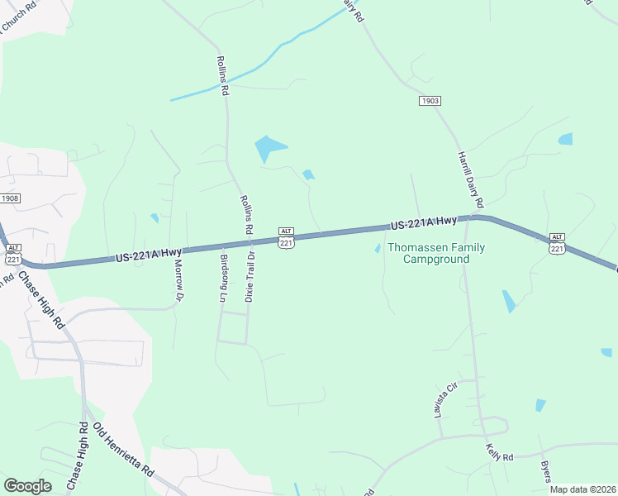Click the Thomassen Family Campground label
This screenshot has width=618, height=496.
(436, 253)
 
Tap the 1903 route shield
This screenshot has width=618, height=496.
(430, 101)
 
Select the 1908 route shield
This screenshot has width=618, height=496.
(10, 198)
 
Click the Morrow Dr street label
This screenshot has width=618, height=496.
(178, 280)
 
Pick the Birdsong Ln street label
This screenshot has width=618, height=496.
(222, 278)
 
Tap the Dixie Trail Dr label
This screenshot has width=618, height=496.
(249, 279)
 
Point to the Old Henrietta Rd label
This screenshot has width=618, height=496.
(123, 449)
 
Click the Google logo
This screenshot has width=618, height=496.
(27, 486)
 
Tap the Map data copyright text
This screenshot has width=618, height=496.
(583, 489)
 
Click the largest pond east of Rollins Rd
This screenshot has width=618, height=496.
(269, 149)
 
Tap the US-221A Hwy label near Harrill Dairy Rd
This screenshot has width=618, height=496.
(424, 222)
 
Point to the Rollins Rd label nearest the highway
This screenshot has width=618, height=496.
(245, 213)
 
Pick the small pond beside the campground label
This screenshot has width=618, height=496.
(378, 248)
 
